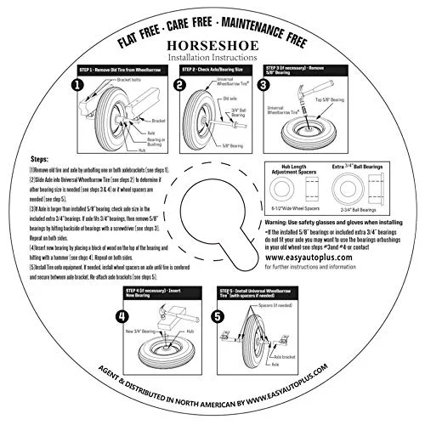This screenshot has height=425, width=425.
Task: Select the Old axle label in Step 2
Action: pos(230,98)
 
